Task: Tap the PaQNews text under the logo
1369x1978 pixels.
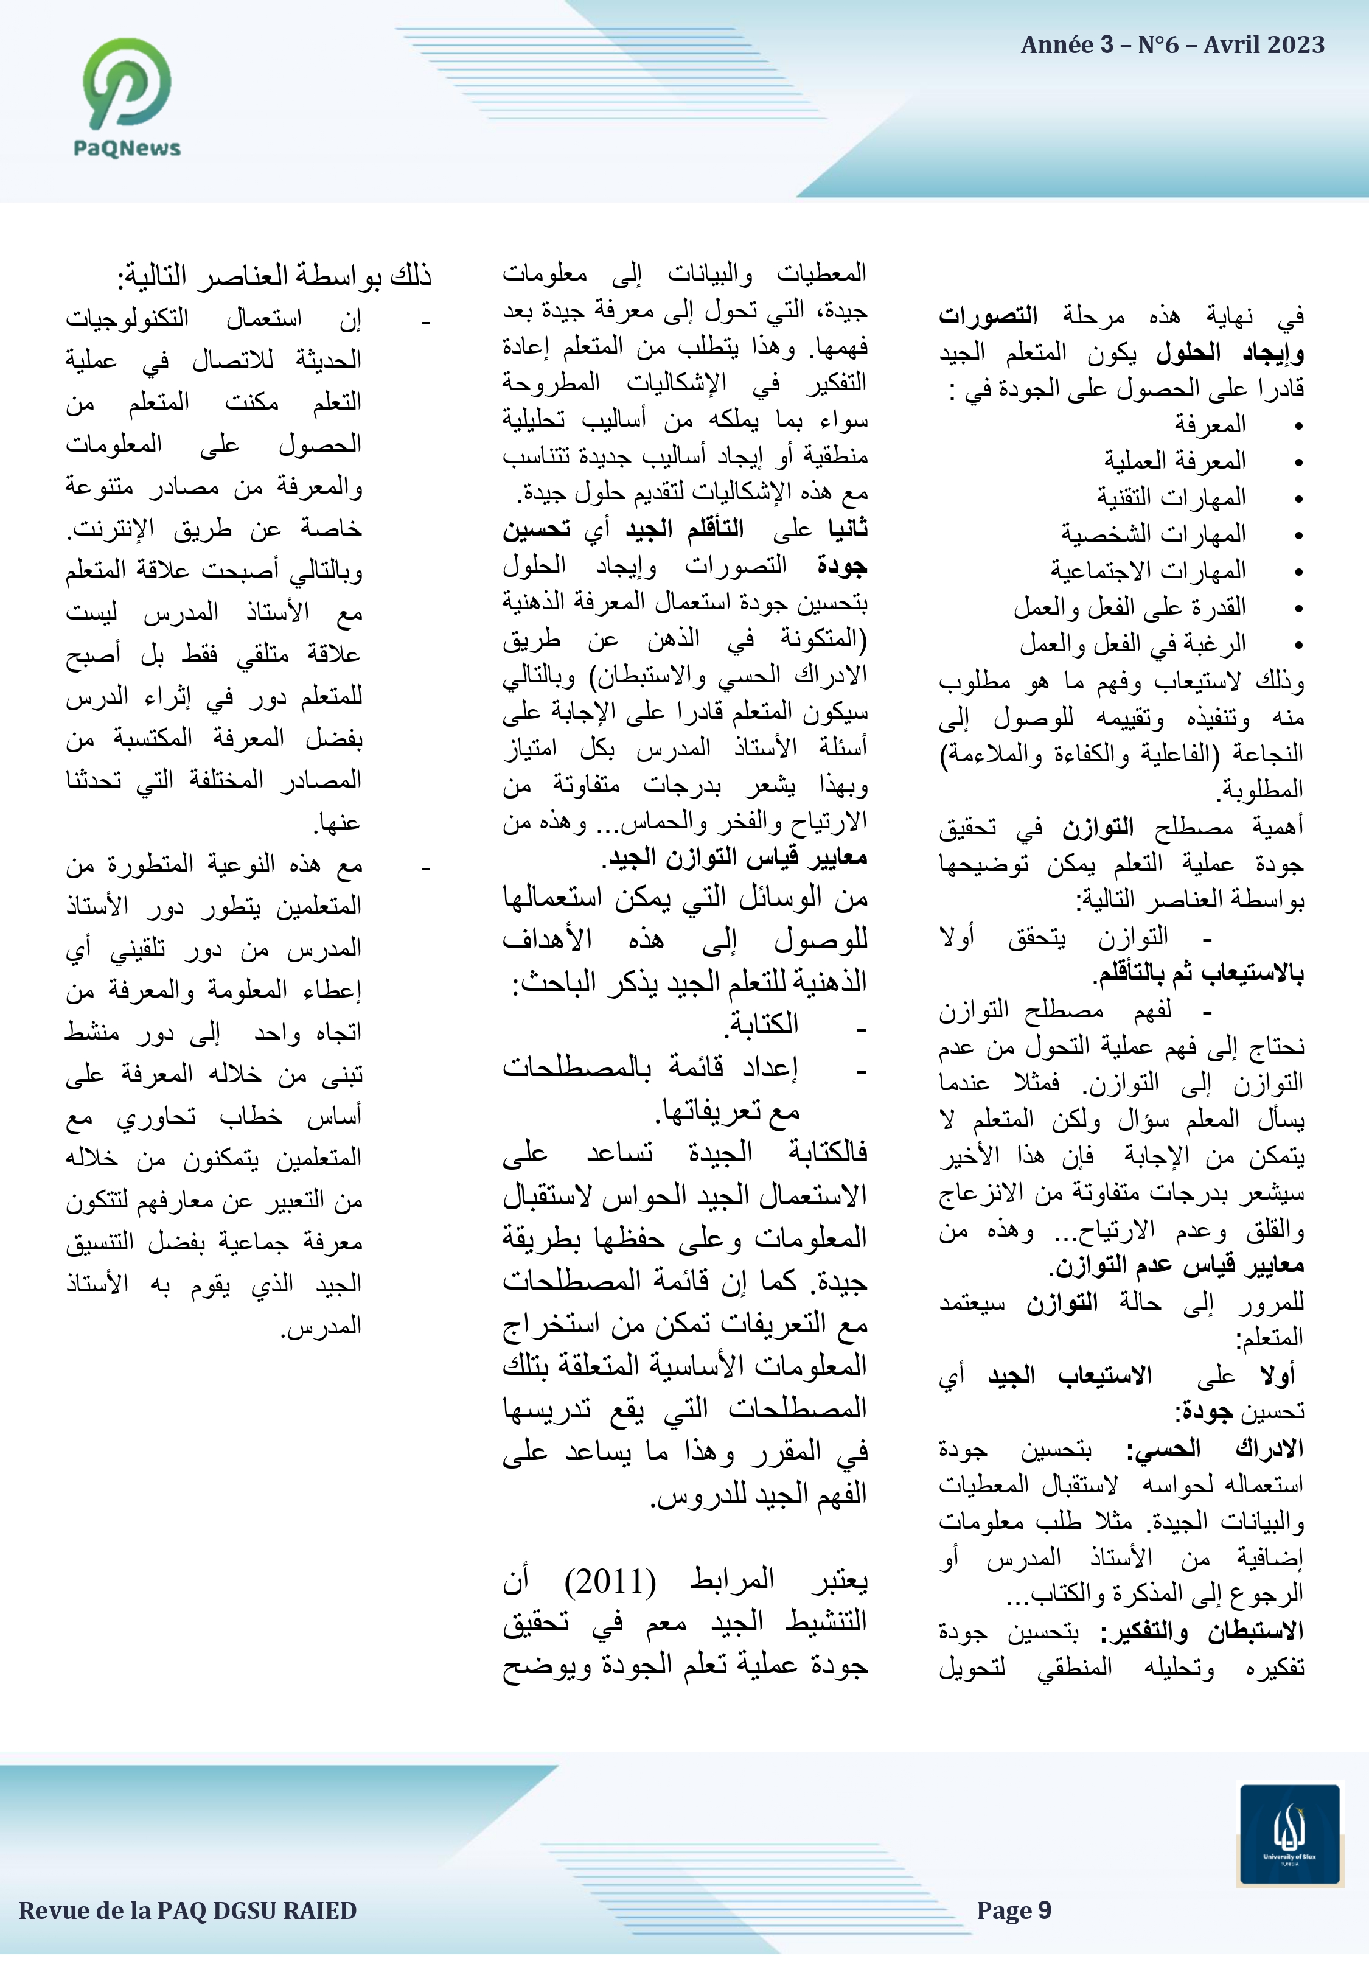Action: point(127,149)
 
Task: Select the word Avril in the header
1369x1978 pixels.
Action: point(1228,44)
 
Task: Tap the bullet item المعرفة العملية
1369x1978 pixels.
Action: point(1174,461)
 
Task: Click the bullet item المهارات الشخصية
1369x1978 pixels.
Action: point(1153,534)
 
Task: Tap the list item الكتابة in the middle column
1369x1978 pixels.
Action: point(764,1023)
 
